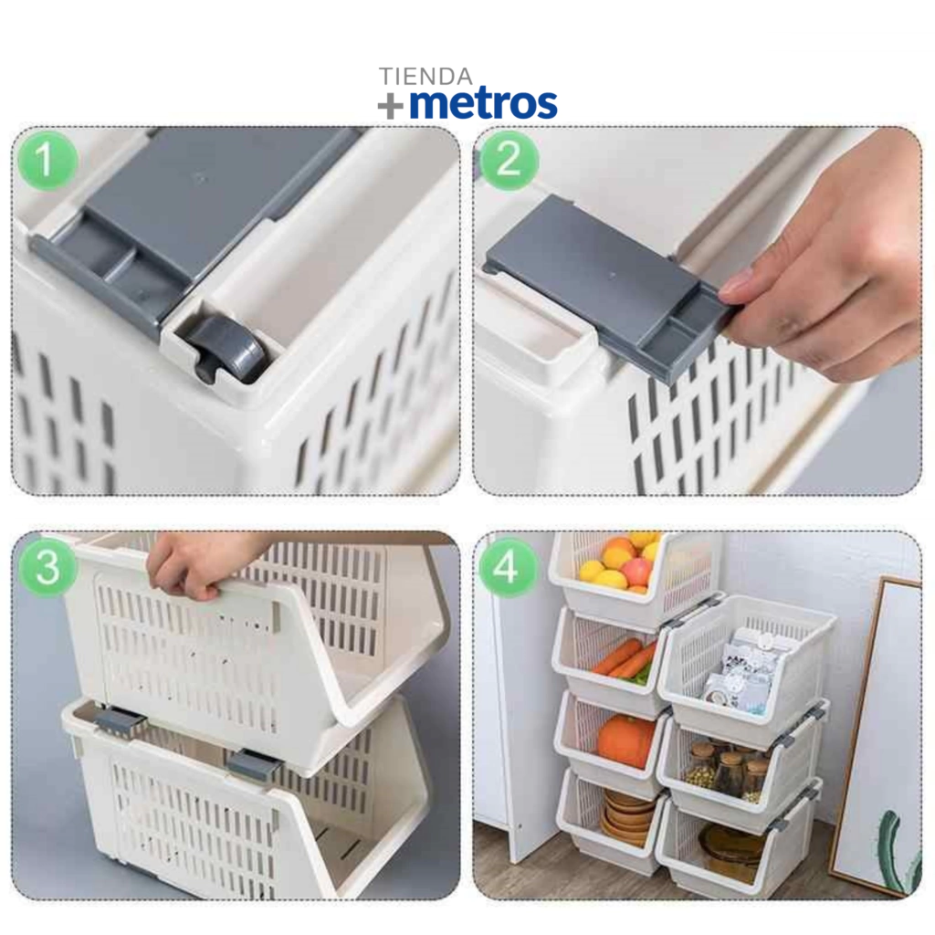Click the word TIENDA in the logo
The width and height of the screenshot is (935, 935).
click(425, 77)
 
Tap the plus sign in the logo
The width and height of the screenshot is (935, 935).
click(391, 107)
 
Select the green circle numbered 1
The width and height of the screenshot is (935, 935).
click(47, 160)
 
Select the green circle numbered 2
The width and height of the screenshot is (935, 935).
click(509, 160)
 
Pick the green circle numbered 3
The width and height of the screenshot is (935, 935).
click(47, 566)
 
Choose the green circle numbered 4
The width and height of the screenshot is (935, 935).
click(506, 566)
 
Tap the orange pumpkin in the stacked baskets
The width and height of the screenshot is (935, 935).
click(626, 741)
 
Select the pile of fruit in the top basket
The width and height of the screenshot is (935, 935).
click(620, 563)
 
